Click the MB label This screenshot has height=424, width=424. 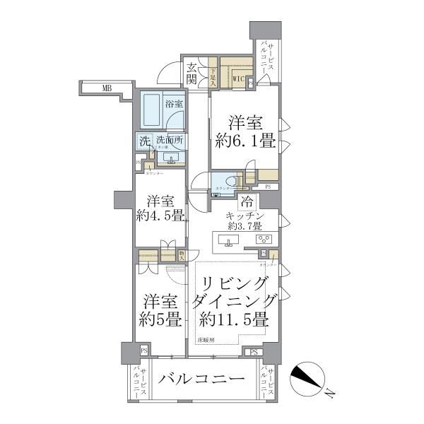tap(106, 88)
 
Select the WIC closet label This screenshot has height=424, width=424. tap(239, 79)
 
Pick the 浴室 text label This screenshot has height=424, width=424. tap(173, 103)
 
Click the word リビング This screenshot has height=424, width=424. tap(232, 283)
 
